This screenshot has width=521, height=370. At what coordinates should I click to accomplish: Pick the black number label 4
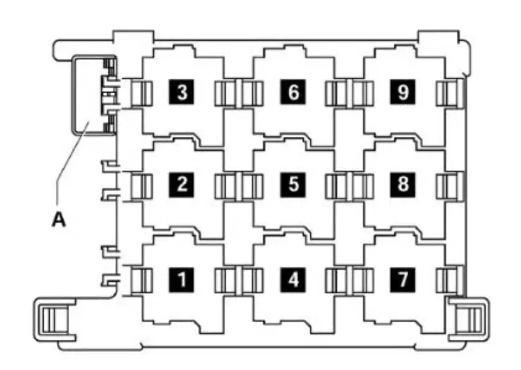point(293,280)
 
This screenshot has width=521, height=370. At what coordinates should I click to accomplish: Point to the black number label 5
point(293,184)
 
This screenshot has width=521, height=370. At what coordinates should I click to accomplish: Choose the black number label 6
point(293,92)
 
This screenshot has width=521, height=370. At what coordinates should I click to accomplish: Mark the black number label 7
point(403,280)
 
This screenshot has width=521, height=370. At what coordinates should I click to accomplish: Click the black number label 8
point(403,184)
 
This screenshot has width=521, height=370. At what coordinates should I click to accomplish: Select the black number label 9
point(403,92)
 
